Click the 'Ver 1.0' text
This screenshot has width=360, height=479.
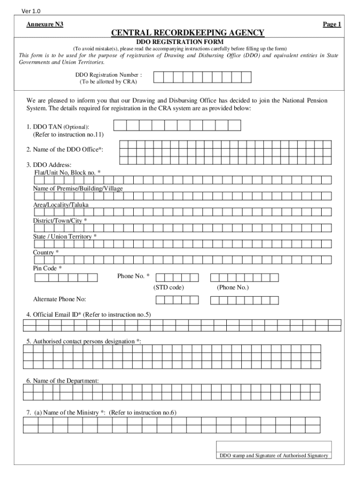tap(25, 11)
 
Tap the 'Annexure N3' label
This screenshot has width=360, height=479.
tap(45, 24)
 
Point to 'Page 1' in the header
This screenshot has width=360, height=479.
tap(332, 24)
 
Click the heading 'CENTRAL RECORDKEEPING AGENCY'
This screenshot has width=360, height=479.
tap(187, 33)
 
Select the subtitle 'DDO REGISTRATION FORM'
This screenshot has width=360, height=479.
tap(180, 42)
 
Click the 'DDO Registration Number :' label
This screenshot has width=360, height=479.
tap(108, 74)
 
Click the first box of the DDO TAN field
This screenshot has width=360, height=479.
tap(120, 125)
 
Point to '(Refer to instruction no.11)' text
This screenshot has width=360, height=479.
tap(68, 134)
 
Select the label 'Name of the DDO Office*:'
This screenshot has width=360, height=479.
tap(65, 149)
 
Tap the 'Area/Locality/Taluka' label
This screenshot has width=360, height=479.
tap(61, 204)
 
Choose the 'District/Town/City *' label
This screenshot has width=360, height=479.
tap(59, 220)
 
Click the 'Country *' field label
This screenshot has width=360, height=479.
tap(46, 253)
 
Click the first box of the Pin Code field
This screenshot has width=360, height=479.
tap(41, 278)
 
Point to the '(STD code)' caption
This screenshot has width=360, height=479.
tap(168, 287)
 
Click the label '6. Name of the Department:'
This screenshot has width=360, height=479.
tap(63, 381)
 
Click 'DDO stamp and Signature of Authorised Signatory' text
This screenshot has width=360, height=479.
tap(274, 456)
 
